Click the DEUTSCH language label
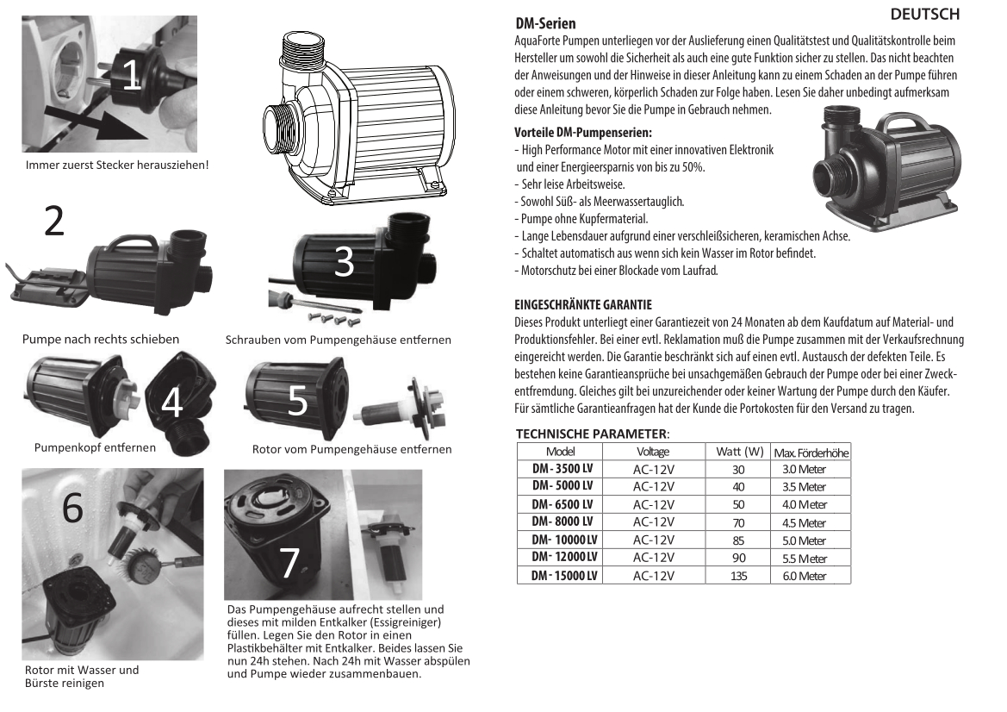pyautogui.click(x=924, y=16)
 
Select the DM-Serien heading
pyautogui.click(x=545, y=24)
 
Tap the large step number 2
pyautogui.click(x=54, y=222)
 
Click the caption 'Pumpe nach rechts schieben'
pyautogui.click(x=101, y=339)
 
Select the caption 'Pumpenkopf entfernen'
pyautogui.click(x=95, y=447)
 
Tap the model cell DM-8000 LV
pyautogui.click(x=562, y=522)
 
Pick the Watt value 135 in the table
pyautogui.click(x=738, y=576)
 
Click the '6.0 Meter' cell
pyautogui.click(x=804, y=576)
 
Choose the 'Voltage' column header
pyautogui.click(x=652, y=452)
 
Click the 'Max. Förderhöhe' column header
pyautogui.click(x=811, y=453)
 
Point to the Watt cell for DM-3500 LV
pyautogui.click(x=738, y=469)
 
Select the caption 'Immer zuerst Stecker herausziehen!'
pyautogui.click(x=118, y=165)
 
